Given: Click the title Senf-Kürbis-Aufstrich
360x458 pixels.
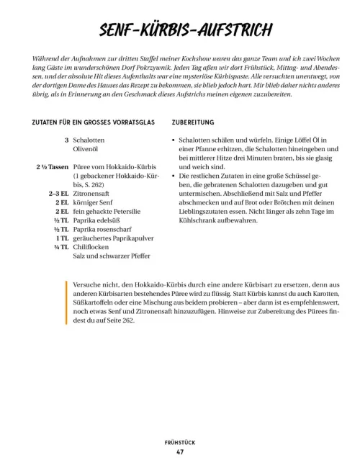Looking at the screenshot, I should pyautogui.click(x=180, y=31).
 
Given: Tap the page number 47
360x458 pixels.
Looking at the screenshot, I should pyautogui.click(x=179, y=452).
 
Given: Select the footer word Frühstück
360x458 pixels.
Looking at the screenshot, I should pyautogui.click(x=179, y=441).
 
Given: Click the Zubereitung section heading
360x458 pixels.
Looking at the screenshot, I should pyautogui.click(x=194, y=123).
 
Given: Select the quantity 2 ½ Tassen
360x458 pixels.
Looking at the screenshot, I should pyautogui.click(x=51, y=167).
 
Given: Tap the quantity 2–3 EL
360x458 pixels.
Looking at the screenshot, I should pyautogui.click(x=58, y=194).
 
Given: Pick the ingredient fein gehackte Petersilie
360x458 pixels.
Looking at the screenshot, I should pyautogui.click(x=103, y=213).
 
